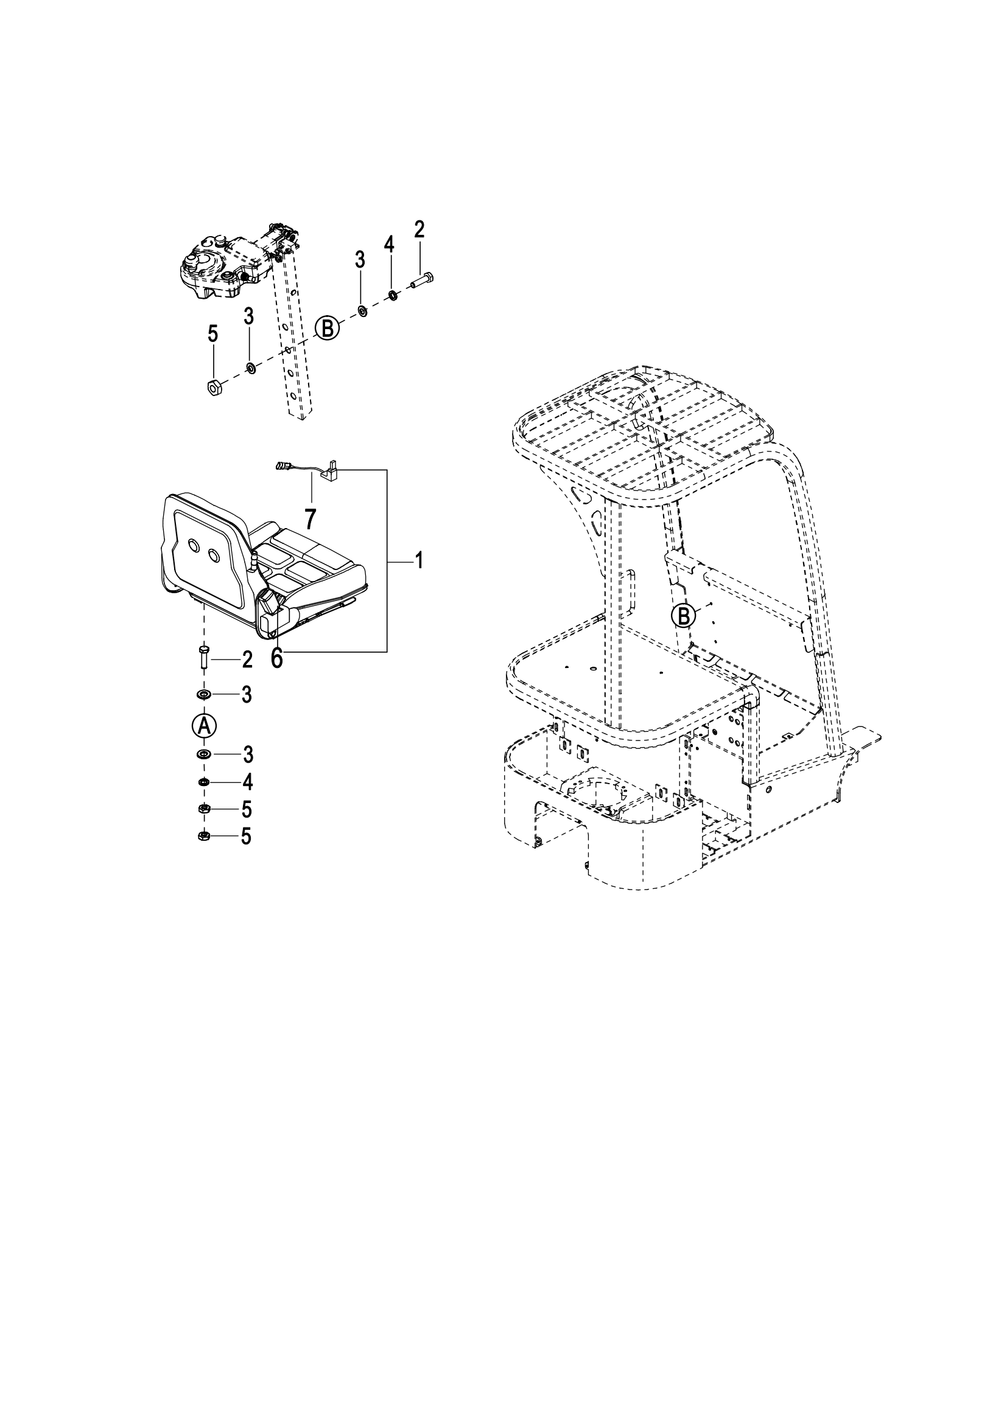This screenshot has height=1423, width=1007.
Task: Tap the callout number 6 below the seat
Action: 276,659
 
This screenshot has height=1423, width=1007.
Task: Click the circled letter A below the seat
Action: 204,726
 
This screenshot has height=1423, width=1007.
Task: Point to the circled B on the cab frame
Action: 683,616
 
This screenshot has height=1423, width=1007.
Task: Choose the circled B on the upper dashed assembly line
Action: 328,327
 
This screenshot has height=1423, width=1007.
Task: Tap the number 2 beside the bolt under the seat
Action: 247,661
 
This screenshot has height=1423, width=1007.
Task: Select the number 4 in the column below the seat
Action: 247,783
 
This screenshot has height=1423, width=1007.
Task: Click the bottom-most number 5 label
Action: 246,837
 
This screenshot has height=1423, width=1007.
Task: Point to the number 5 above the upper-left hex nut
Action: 212,335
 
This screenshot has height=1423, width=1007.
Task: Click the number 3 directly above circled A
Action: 247,695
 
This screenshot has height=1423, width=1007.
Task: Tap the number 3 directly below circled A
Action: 247,755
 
